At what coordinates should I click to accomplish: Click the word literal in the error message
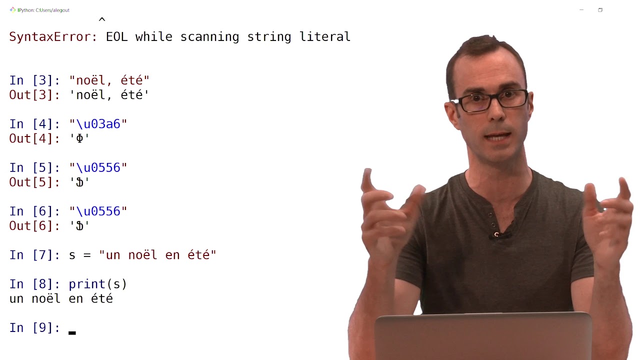tap(324, 36)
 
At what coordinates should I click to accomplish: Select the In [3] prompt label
tap(34, 80)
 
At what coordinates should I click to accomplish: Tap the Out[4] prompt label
tap(34, 138)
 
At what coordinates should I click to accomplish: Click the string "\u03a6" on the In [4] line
tap(98, 124)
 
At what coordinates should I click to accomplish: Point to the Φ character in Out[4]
tap(79, 138)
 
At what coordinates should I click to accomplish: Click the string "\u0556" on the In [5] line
tap(98, 167)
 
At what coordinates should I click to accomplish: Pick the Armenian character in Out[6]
tap(79, 226)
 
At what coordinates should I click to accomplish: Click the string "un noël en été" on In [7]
tap(157, 254)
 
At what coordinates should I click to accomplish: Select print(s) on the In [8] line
tap(97, 284)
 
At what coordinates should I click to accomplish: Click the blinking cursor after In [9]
tap(72, 333)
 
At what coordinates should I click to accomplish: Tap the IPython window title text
tap(43, 10)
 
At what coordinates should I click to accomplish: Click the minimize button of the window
tap(581, 10)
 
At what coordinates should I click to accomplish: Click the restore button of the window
tap(600, 10)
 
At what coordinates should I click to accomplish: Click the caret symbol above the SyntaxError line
tap(102, 19)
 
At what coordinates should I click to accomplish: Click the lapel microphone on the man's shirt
tap(496, 235)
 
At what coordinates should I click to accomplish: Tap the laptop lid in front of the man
tap(483, 336)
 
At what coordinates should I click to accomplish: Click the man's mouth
tap(498, 137)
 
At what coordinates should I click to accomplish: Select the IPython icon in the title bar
tap(12, 10)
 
